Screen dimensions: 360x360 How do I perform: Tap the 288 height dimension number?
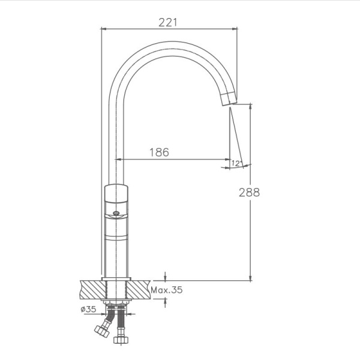coord(249,193)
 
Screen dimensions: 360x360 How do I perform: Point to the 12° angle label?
coord(235,163)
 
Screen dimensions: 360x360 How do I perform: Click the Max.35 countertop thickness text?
coord(166,290)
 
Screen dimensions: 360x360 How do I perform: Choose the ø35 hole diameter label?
coord(88,310)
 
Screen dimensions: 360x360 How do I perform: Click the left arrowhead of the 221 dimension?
coord(104,28)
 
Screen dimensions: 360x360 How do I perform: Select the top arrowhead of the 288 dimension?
coord(250,106)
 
